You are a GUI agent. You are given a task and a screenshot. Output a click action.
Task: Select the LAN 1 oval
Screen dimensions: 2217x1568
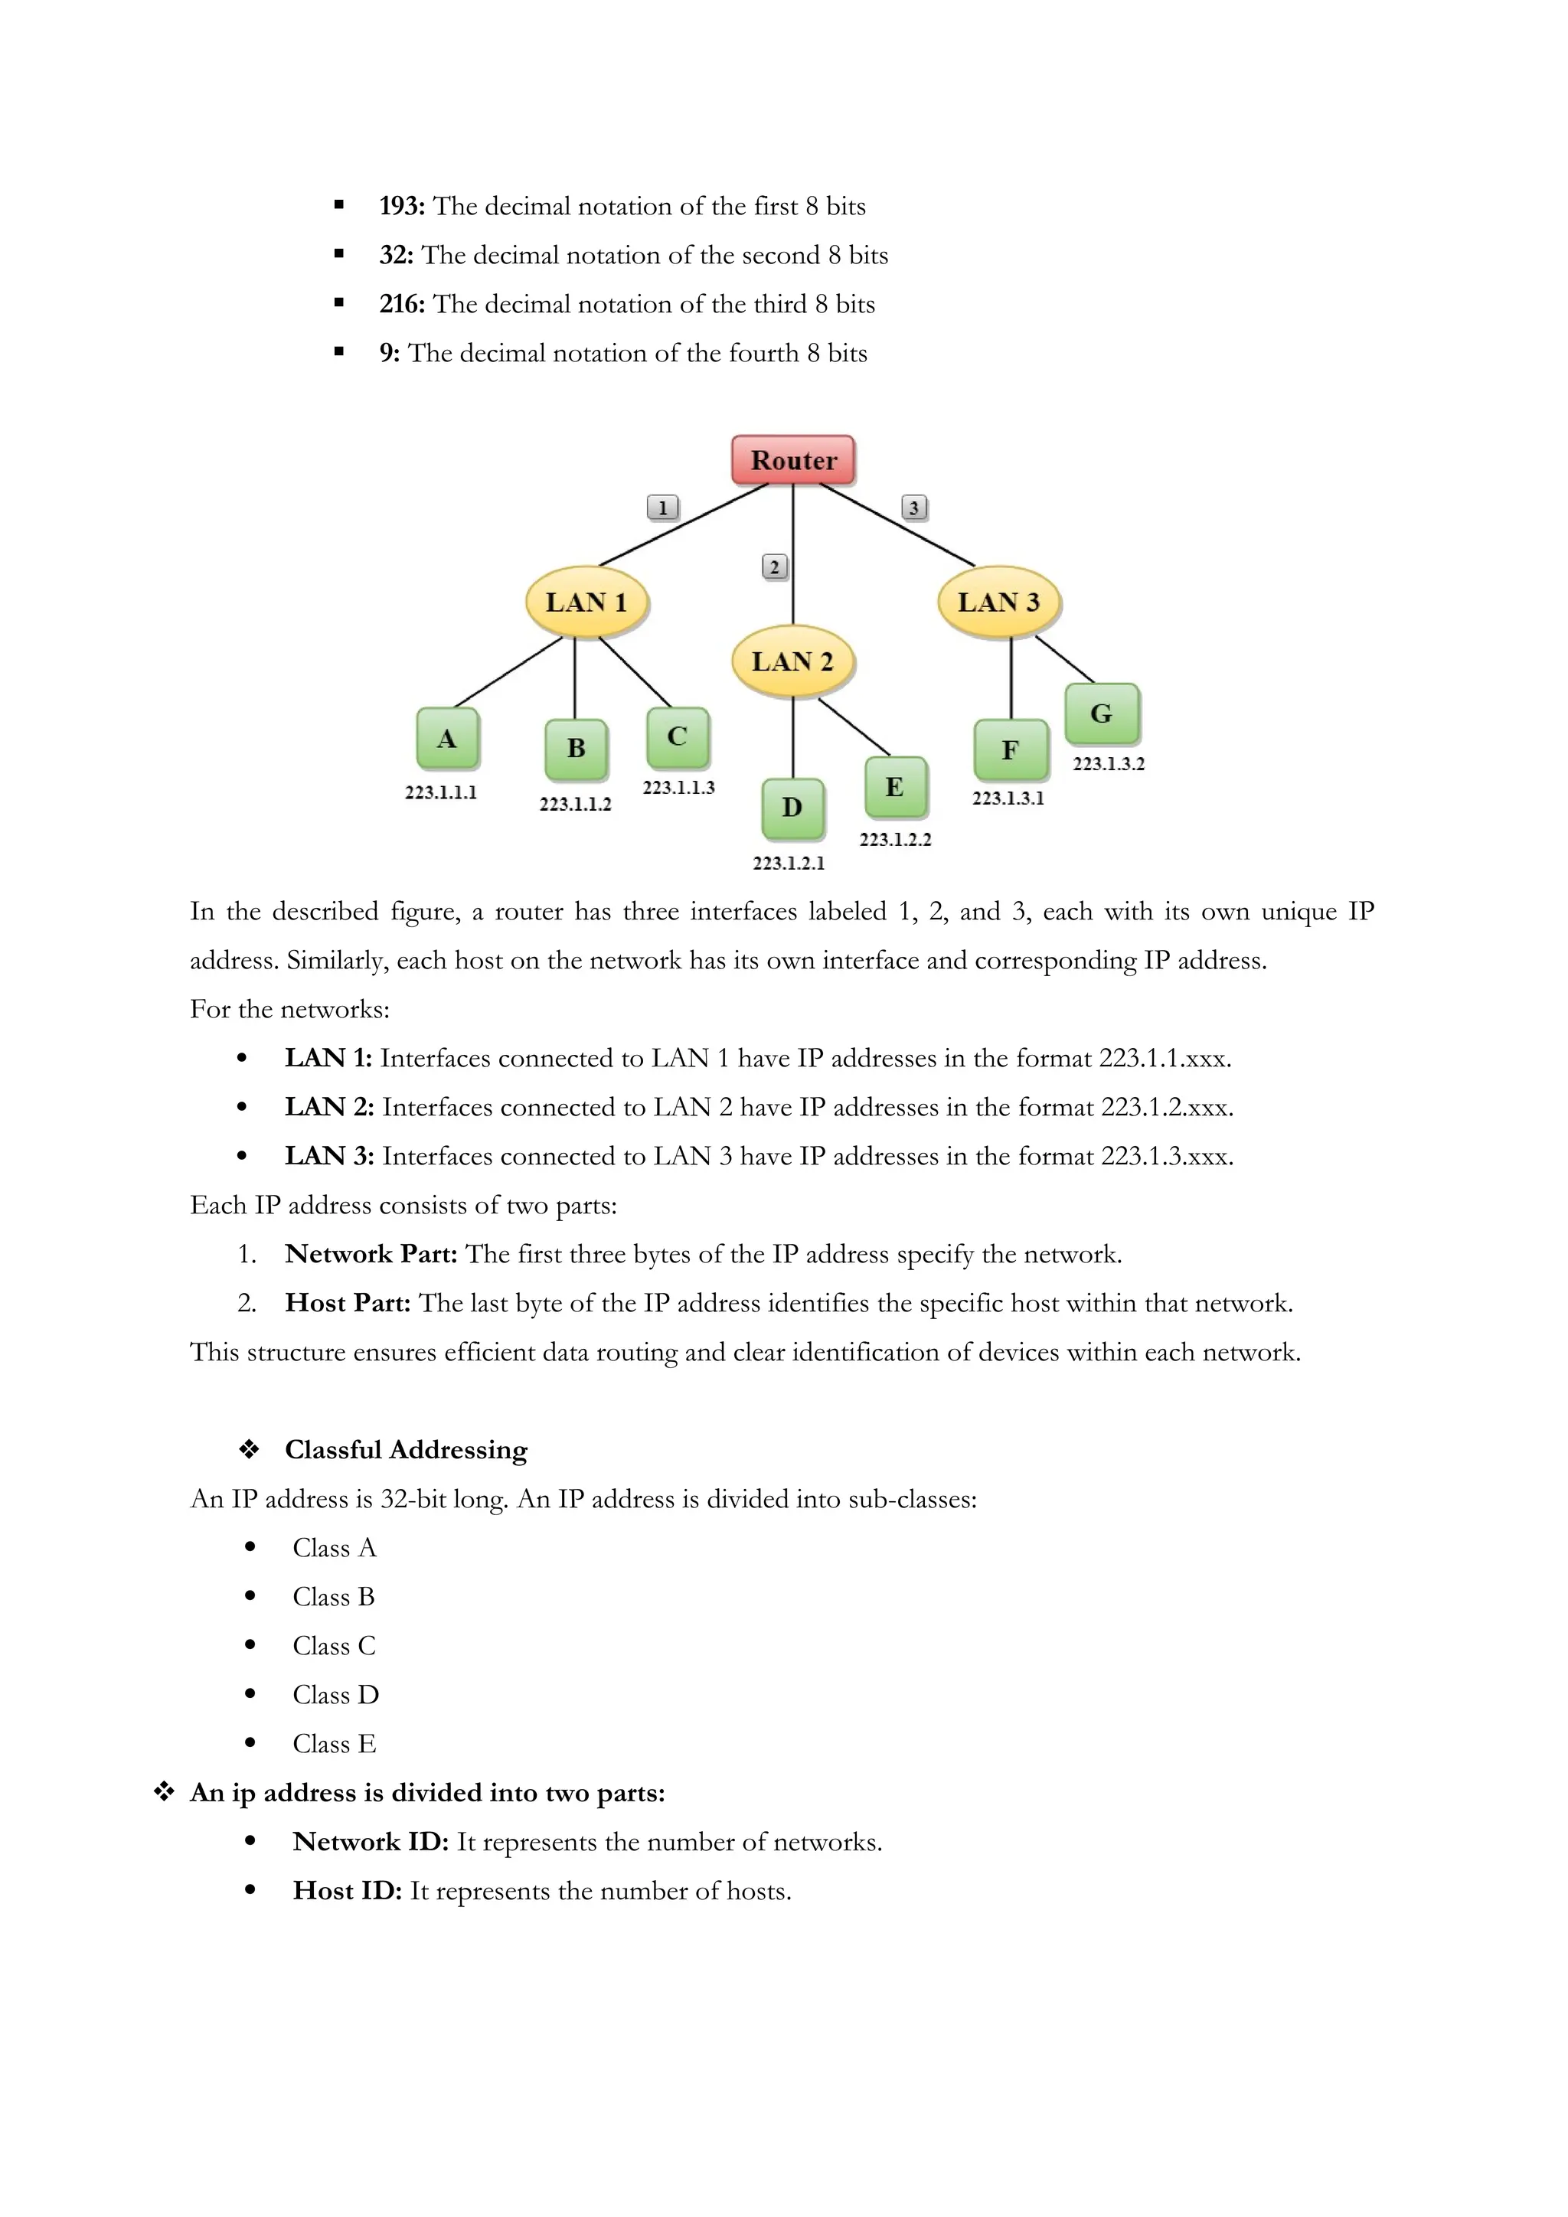click(586, 602)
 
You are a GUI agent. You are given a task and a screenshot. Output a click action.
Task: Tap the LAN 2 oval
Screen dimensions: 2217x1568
click(792, 661)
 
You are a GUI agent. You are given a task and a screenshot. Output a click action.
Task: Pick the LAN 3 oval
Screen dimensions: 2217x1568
click(998, 602)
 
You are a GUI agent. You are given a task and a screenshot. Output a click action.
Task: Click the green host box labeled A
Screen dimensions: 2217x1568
click(447, 739)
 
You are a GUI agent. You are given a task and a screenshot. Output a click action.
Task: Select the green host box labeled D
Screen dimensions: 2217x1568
click(792, 807)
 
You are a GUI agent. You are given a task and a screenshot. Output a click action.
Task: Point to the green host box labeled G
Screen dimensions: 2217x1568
click(1102, 713)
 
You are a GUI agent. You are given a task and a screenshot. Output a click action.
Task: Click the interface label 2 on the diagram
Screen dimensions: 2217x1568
click(774, 566)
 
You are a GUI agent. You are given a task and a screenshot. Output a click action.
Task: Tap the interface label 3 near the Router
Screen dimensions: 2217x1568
click(913, 507)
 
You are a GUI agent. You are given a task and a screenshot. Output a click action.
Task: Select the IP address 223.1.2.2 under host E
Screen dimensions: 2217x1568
click(895, 839)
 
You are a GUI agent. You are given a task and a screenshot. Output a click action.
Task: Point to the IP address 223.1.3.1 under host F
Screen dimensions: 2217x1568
click(1008, 798)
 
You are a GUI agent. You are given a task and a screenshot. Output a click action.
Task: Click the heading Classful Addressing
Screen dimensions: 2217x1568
click(406, 1449)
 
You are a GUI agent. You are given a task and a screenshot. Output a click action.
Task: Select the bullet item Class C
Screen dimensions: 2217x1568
click(334, 1645)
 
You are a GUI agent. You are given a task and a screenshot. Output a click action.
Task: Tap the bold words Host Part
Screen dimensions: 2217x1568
click(348, 1304)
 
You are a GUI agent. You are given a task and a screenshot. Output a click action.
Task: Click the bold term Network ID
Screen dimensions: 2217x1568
click(371, 1841)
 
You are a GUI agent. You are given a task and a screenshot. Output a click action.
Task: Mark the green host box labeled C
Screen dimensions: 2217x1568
click(678, 736)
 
